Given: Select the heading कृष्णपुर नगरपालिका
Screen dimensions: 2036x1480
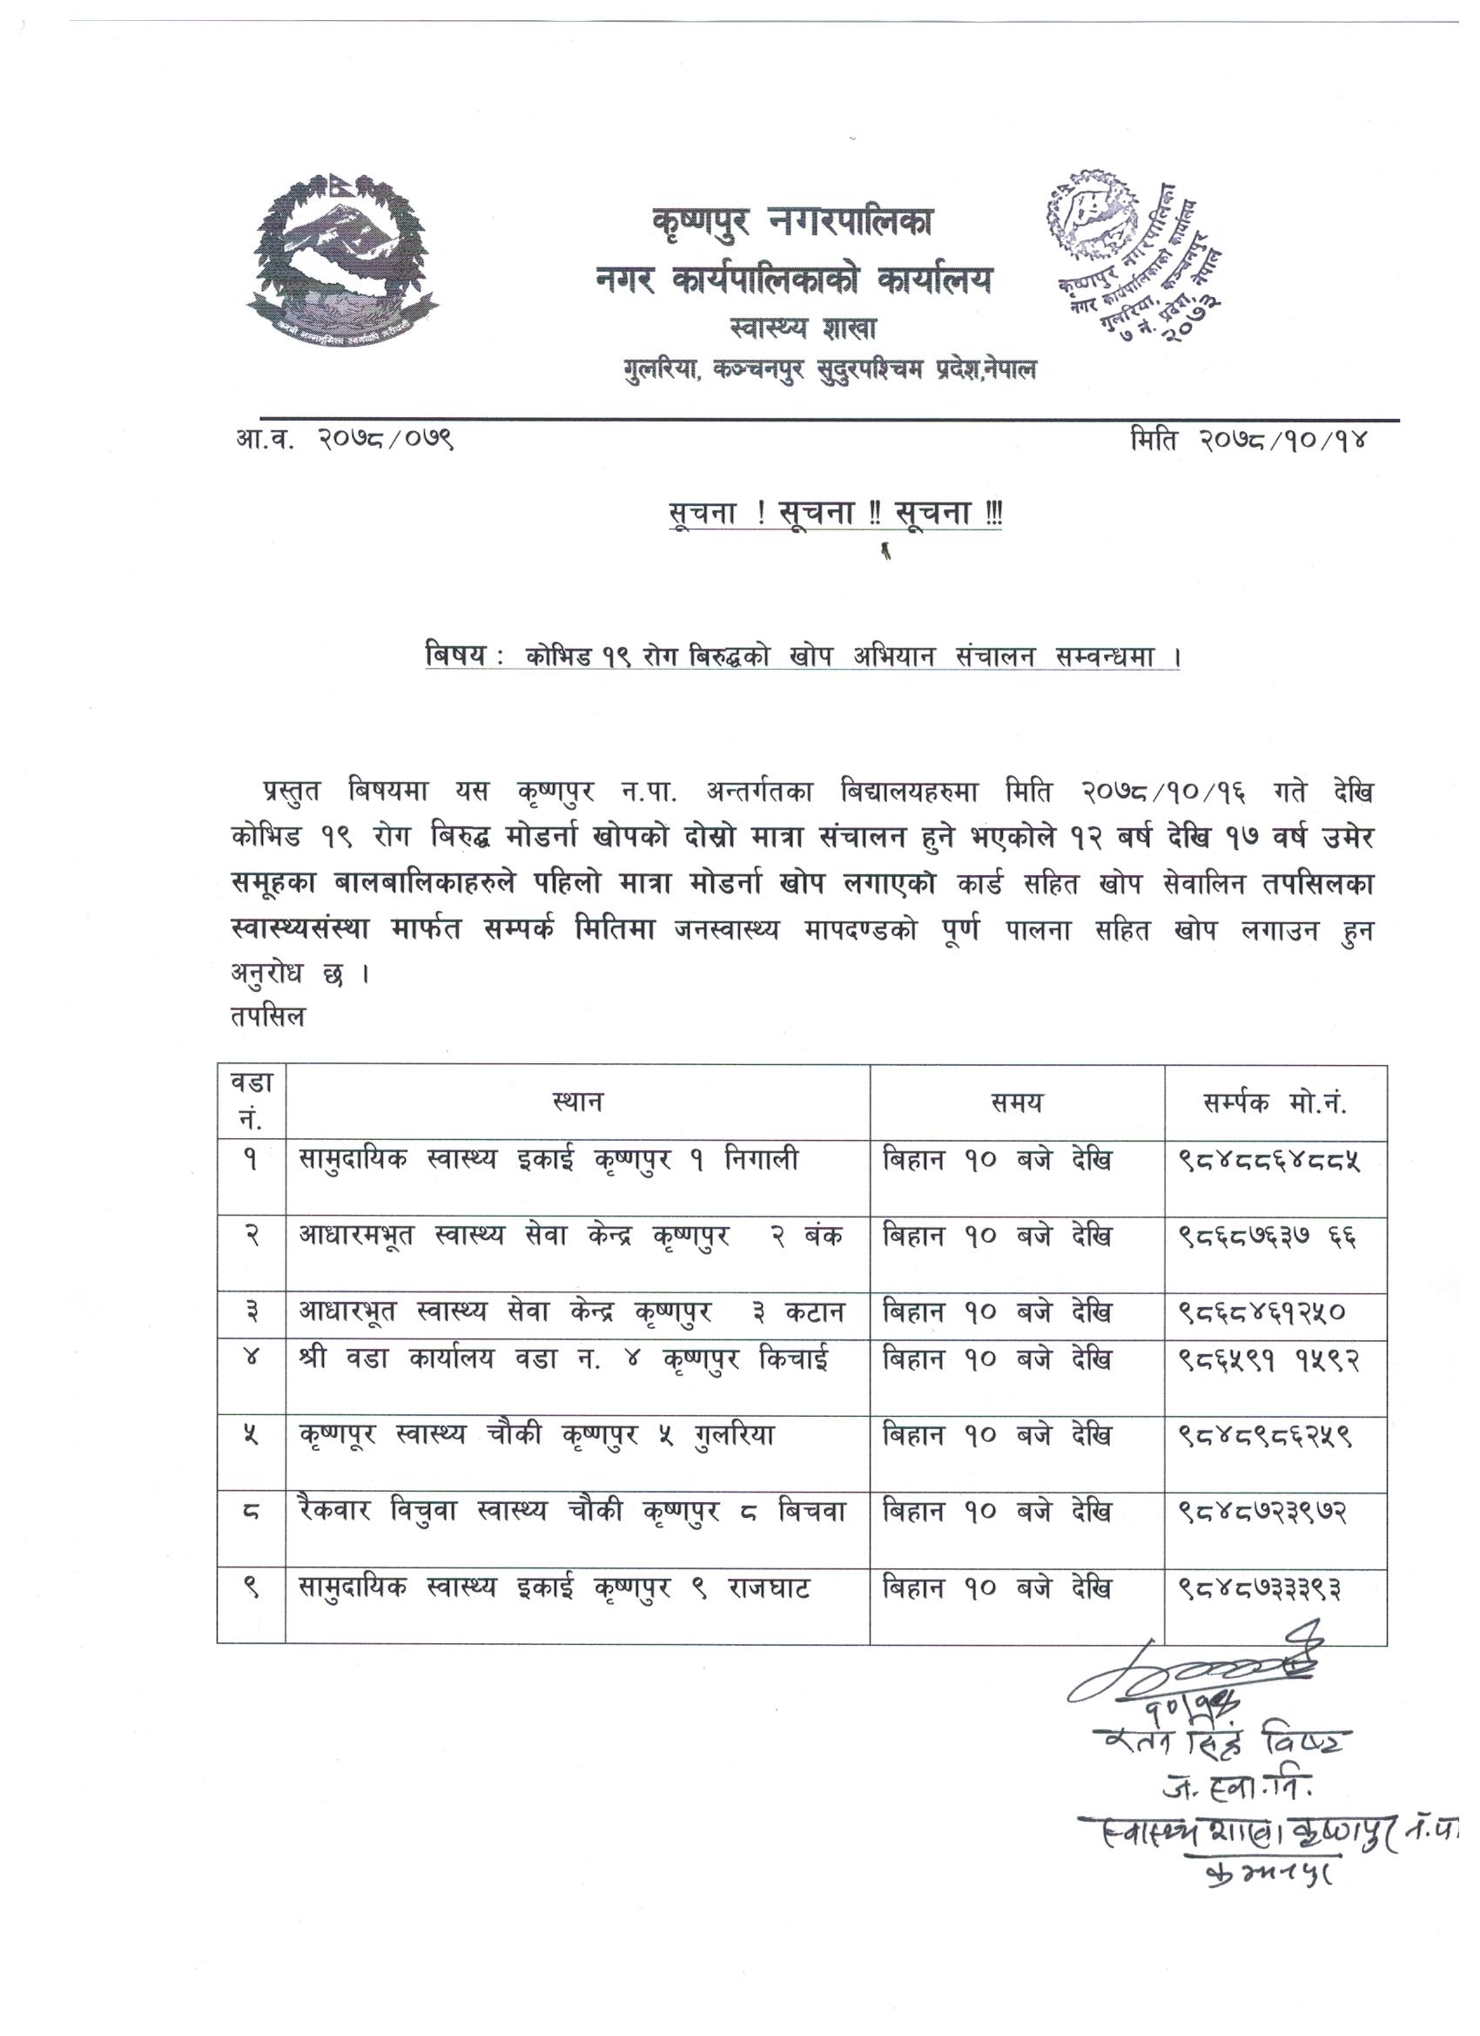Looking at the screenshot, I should [792, 222].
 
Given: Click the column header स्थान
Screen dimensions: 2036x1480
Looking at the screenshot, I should [578, 1102].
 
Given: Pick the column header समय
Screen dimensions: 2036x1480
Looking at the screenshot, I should [1016, 1102].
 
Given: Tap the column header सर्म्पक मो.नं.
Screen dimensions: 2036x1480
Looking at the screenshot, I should [1275, 1102].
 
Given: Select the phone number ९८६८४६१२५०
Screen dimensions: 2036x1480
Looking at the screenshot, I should [1261, 1314].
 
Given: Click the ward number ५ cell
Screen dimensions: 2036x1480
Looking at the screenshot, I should [252, 1437].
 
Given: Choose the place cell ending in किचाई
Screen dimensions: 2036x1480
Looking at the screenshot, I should [563, 1361].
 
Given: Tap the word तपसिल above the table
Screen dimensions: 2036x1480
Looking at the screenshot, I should [267, 1018].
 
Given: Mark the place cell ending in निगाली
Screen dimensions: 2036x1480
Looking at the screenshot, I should [548, 1162].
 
